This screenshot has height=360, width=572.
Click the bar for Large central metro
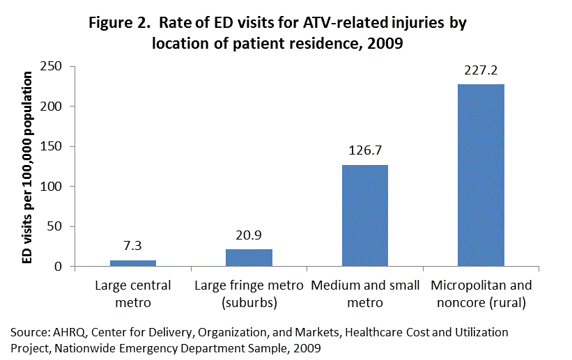(133, 263)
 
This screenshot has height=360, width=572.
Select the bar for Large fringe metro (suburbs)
(249, 258)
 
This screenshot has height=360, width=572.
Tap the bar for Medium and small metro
(364, 216)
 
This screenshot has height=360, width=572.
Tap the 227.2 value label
(481, 71)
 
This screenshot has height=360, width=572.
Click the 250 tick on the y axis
(54, 66)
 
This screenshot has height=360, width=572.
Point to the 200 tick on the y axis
(54, 107)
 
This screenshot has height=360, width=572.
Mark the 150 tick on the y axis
(54, 146)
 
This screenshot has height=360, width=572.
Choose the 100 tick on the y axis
(54, 187)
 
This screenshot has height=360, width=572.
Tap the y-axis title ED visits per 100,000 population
(28, 167)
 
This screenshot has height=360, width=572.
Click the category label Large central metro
(133, 294)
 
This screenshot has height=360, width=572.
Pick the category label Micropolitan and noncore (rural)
(481, 294)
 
